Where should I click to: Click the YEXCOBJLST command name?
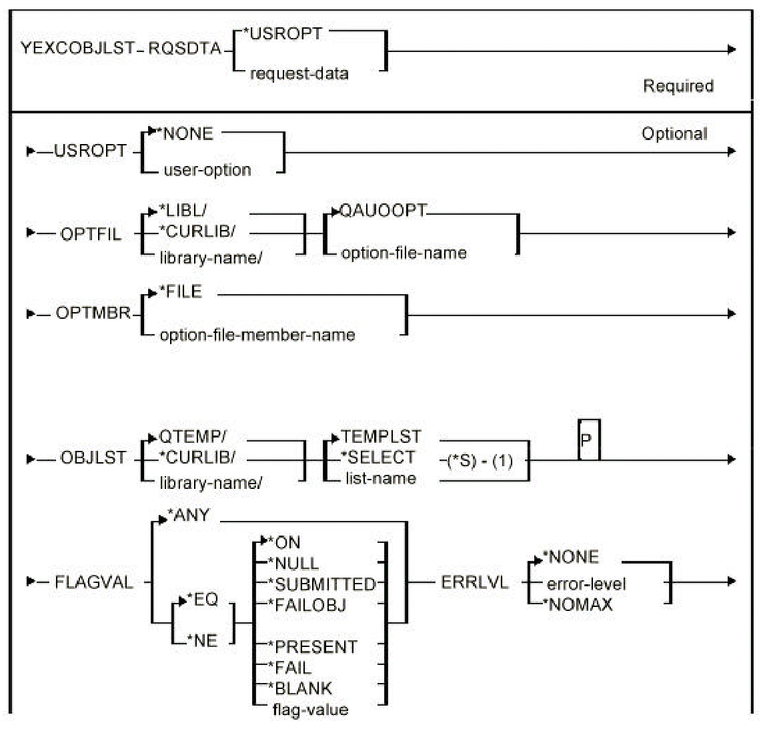[x=77, y=49]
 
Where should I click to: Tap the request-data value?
[x=299, y=73]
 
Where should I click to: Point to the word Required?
[x=678, y=86]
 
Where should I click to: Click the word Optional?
[x=674, y=133]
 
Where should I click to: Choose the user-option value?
[x=207, y=170]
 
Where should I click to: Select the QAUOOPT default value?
[x=383, y=211]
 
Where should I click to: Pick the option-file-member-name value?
[x=257, y=335]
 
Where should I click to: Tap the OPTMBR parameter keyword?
[x=93, y=312]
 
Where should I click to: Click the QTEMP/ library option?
[x=193, y=437]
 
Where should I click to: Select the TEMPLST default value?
[x=381, y=437]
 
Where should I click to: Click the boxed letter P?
[x=586, y=440]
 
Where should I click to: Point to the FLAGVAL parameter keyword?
[x=93, y=582]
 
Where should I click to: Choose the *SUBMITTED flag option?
[x=321, y=584]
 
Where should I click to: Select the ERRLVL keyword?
[x=475, y=582]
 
